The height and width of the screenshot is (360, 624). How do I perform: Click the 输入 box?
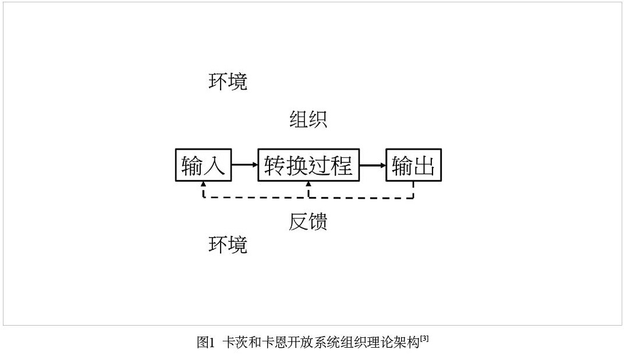coord(203,165)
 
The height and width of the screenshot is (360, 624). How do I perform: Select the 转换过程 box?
coord(309,165)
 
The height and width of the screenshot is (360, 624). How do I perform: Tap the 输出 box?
coord(413,165)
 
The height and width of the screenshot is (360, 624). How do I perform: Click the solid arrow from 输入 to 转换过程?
coord(244,165)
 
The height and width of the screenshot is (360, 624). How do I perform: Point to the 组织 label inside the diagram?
coord(308,119)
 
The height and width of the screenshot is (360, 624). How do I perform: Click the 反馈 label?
coord(308,221)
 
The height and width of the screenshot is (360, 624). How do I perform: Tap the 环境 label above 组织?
coord(228,82)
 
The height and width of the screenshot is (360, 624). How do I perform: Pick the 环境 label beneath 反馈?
coord(228,245)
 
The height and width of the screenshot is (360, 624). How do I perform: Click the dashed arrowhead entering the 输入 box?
coord(203,184)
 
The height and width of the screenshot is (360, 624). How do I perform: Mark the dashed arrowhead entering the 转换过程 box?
coord(309,184)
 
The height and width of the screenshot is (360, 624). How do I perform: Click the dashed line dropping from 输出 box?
coord(413,190)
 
